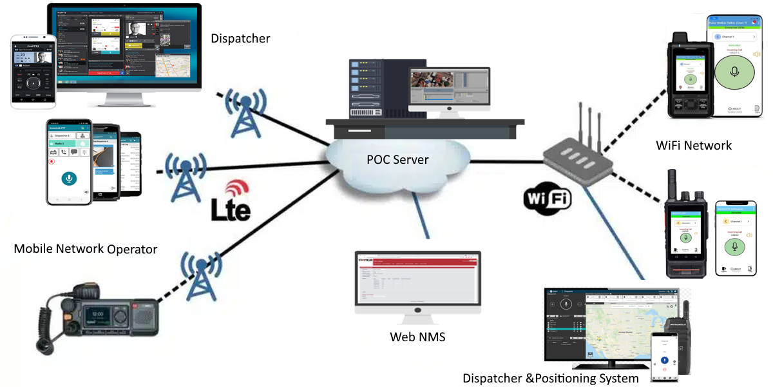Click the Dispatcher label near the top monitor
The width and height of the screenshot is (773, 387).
(240, 39)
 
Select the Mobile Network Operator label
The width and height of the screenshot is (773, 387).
(86, 248)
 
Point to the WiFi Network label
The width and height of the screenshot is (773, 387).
(693, 145)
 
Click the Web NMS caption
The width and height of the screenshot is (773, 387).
(417, 336)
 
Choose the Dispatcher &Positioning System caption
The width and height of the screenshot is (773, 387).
(551, 378)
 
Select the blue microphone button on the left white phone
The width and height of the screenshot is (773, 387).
(68, 178)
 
